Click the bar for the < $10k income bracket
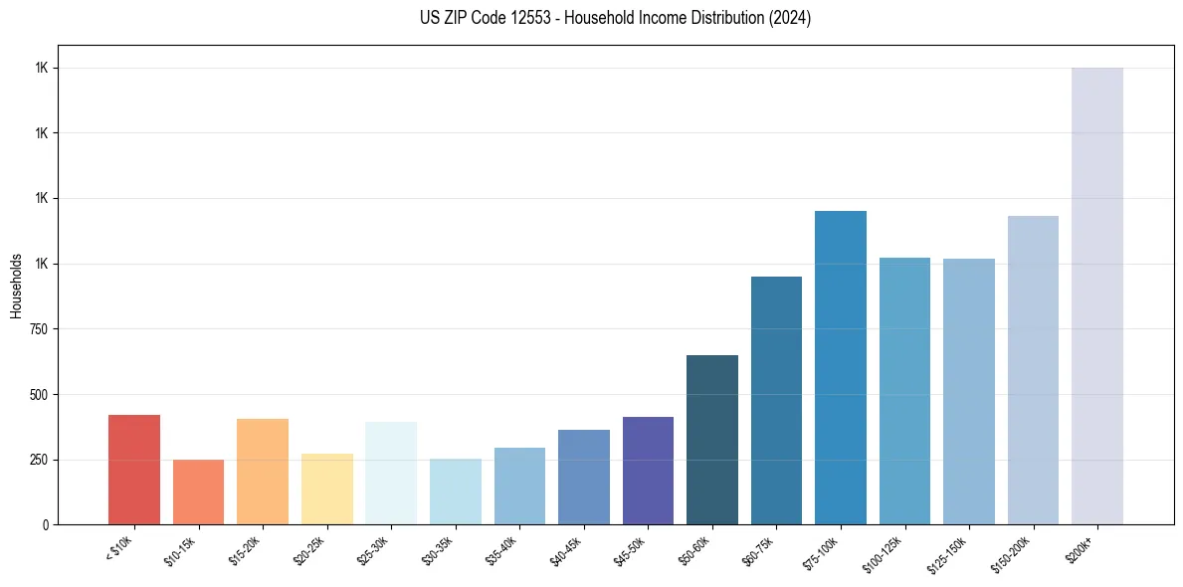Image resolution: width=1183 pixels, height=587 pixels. [x=134, y=470]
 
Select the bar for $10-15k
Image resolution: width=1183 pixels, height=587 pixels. [x=198, y=491]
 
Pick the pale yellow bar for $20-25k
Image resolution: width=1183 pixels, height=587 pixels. [x=327, y=489]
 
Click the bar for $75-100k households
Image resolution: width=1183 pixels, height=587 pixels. [x=841, y=367]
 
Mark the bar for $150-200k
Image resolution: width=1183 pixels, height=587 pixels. [x=1033, y=370]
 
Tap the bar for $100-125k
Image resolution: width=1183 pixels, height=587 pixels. [x=904, y=391]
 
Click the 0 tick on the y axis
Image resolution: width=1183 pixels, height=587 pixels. [x=46, y=524]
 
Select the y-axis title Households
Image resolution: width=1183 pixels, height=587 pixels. [x=17, y=285]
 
